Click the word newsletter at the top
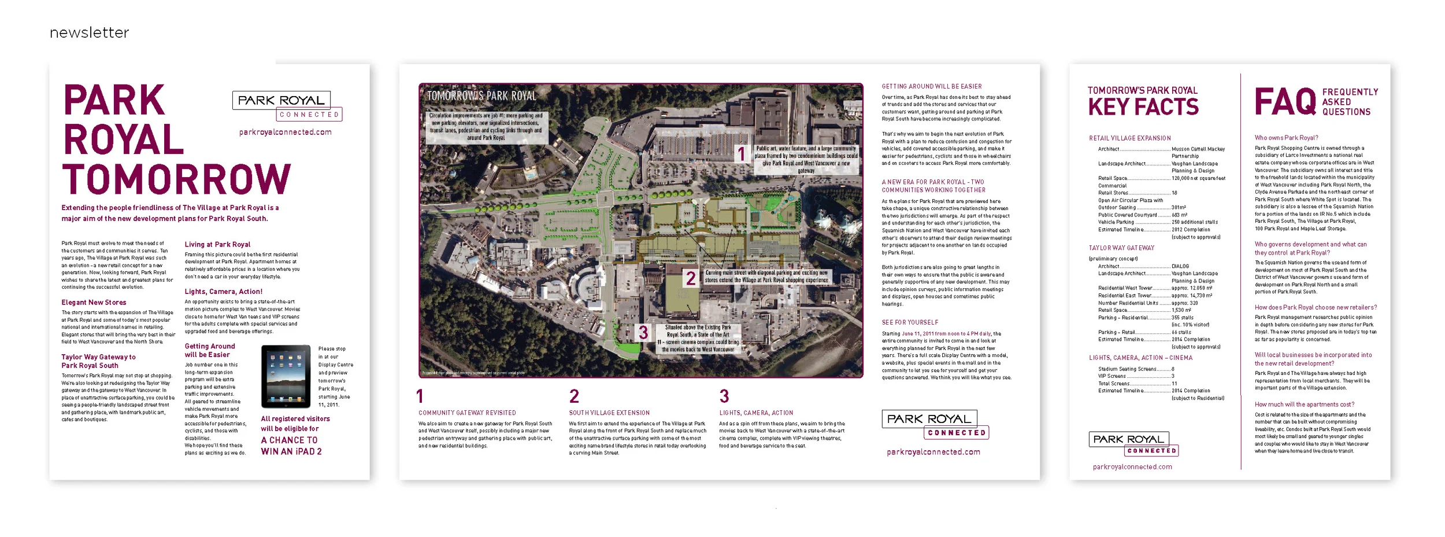click(x=90, y=33)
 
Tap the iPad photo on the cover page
click(x=286, y=376)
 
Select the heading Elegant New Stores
click(x=94, y=302)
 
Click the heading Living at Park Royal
click(x=217, y=244)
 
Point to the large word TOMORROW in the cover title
click(x=176, y=179)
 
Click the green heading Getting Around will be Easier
click(x=210, y=350)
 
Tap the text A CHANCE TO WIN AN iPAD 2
click(x=291, y=446)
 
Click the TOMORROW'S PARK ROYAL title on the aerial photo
click(x=481, y=96)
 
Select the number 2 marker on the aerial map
click(x=690, y=278)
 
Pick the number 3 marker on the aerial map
click(x=643, y=332)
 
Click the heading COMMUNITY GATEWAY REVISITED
click(x=467, y=413)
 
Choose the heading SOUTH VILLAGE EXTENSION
click(x=609, y=413)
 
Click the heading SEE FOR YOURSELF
click(x=910, y=322)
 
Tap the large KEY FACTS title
click(x=1143, y=107)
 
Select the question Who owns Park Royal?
click(x=1286, y=138)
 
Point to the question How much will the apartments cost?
click(x=1304, y=404)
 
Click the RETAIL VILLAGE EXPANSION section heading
click(x=1129, y=138)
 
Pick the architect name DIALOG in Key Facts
click(x=1180, y=266)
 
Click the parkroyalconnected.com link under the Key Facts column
click(x=1132, y=467)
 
